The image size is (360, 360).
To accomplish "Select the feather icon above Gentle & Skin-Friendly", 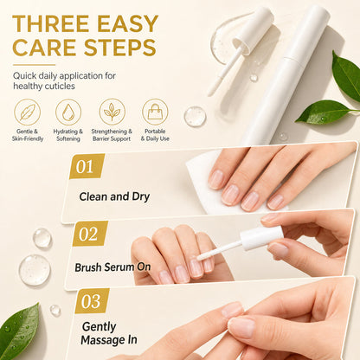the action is [28, 112].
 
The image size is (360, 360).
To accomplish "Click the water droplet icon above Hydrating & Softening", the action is [68, 112].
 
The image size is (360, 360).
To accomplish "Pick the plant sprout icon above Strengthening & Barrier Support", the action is [112, 112].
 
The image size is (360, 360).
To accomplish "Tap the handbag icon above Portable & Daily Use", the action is [155, 112].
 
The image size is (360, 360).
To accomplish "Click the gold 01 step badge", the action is [87, 166].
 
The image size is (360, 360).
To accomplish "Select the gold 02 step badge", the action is [90, 234].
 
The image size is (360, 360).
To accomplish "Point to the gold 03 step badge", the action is [92, 301].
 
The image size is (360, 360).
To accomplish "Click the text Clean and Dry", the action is [114, 196].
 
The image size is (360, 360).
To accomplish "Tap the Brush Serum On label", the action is [112, 267].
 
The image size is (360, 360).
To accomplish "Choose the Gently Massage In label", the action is [109, 333].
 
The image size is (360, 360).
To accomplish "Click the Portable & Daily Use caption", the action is [155, 135].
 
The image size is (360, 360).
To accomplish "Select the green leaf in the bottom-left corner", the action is [19, 331].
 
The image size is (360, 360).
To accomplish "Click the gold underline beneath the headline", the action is [34, 65].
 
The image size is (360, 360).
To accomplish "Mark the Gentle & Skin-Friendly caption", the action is [28, 135].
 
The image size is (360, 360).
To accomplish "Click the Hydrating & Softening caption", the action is [68, 135].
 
